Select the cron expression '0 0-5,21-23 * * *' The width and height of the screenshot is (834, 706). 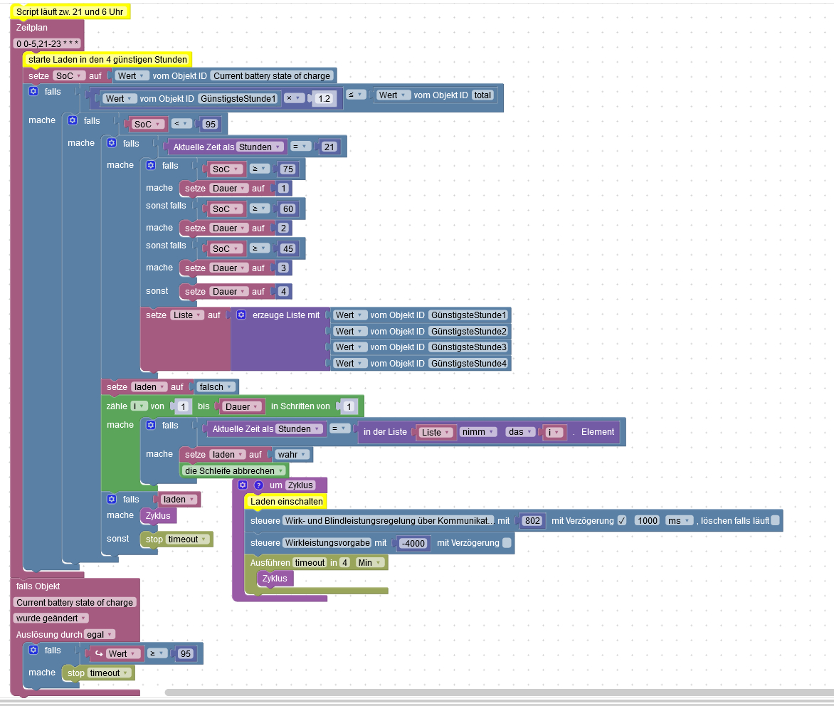(x=47, y=44)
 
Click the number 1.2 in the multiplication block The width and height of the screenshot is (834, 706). (x=324, y=99)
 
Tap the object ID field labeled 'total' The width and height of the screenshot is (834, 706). (x=482, y=95)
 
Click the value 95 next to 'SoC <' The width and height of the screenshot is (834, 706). (x=209, y=125)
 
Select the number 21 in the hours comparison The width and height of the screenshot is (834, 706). (x=328, y=147)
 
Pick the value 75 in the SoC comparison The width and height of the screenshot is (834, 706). (x=287, y=169)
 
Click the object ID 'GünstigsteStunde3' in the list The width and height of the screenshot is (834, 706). (x=468, y=347)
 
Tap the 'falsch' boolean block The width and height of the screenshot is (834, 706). (x=211, y=387)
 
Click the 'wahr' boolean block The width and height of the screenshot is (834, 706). (x=287, y=455)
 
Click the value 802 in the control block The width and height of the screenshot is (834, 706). (x=532, y=521)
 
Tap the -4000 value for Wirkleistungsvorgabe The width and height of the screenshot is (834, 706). (x=413, y=544)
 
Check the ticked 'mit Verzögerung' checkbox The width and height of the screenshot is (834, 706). (x=621, y=520)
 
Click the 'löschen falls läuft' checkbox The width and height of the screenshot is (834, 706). (x=774, y=520)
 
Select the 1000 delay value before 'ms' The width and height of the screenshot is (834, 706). (x=647, y=521)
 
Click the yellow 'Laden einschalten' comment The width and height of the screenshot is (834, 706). (x=286, y=502)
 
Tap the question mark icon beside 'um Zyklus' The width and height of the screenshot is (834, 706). (x=258, y=485)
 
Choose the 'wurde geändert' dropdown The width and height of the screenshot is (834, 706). (x=51, y=618)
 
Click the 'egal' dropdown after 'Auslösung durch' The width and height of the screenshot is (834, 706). (x=100, y=634)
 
